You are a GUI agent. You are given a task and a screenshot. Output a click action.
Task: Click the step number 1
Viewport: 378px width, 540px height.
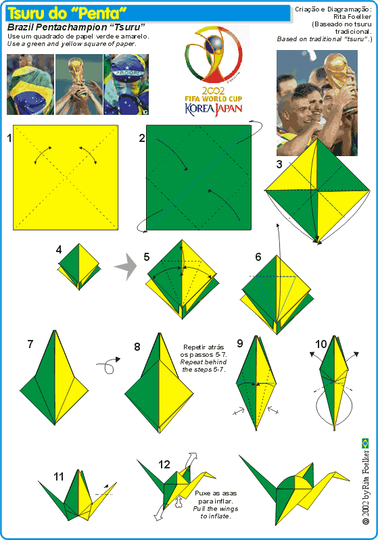click(9, 139)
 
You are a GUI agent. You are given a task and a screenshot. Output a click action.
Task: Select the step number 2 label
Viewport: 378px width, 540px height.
click(142, 139)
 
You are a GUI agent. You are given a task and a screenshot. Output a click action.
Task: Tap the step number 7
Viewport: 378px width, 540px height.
click(30, 344)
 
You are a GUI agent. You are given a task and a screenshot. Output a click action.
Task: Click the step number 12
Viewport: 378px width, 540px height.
click(164, 464)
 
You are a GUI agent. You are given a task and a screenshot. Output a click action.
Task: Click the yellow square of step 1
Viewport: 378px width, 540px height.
click(66, 177)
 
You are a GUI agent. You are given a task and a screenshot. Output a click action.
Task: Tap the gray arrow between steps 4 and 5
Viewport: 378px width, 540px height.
click(125, 268)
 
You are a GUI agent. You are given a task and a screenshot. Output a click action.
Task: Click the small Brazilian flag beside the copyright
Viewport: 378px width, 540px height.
click(365, 443)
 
